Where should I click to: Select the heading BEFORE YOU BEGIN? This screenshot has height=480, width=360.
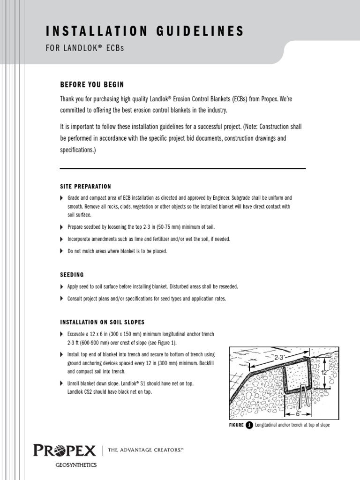point(92,84)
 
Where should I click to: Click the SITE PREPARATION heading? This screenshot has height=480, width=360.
point(85,186)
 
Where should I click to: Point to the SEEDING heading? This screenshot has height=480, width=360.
point(72,275)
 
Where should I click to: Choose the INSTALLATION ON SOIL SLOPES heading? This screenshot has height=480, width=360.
point(102,322)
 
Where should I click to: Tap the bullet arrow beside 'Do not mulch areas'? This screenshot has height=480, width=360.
point(62,251)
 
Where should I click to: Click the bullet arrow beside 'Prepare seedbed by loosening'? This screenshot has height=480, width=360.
point(62,227)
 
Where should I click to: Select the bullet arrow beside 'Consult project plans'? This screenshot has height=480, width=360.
point(62,299)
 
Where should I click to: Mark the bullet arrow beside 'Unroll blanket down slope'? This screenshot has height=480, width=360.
point(62,383)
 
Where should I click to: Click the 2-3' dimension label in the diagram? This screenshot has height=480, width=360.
point(280,357)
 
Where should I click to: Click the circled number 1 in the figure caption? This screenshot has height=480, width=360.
point(249,425)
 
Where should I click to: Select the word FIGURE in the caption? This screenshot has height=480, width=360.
point(236,425)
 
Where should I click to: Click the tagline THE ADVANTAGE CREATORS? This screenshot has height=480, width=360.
point(145,450)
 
